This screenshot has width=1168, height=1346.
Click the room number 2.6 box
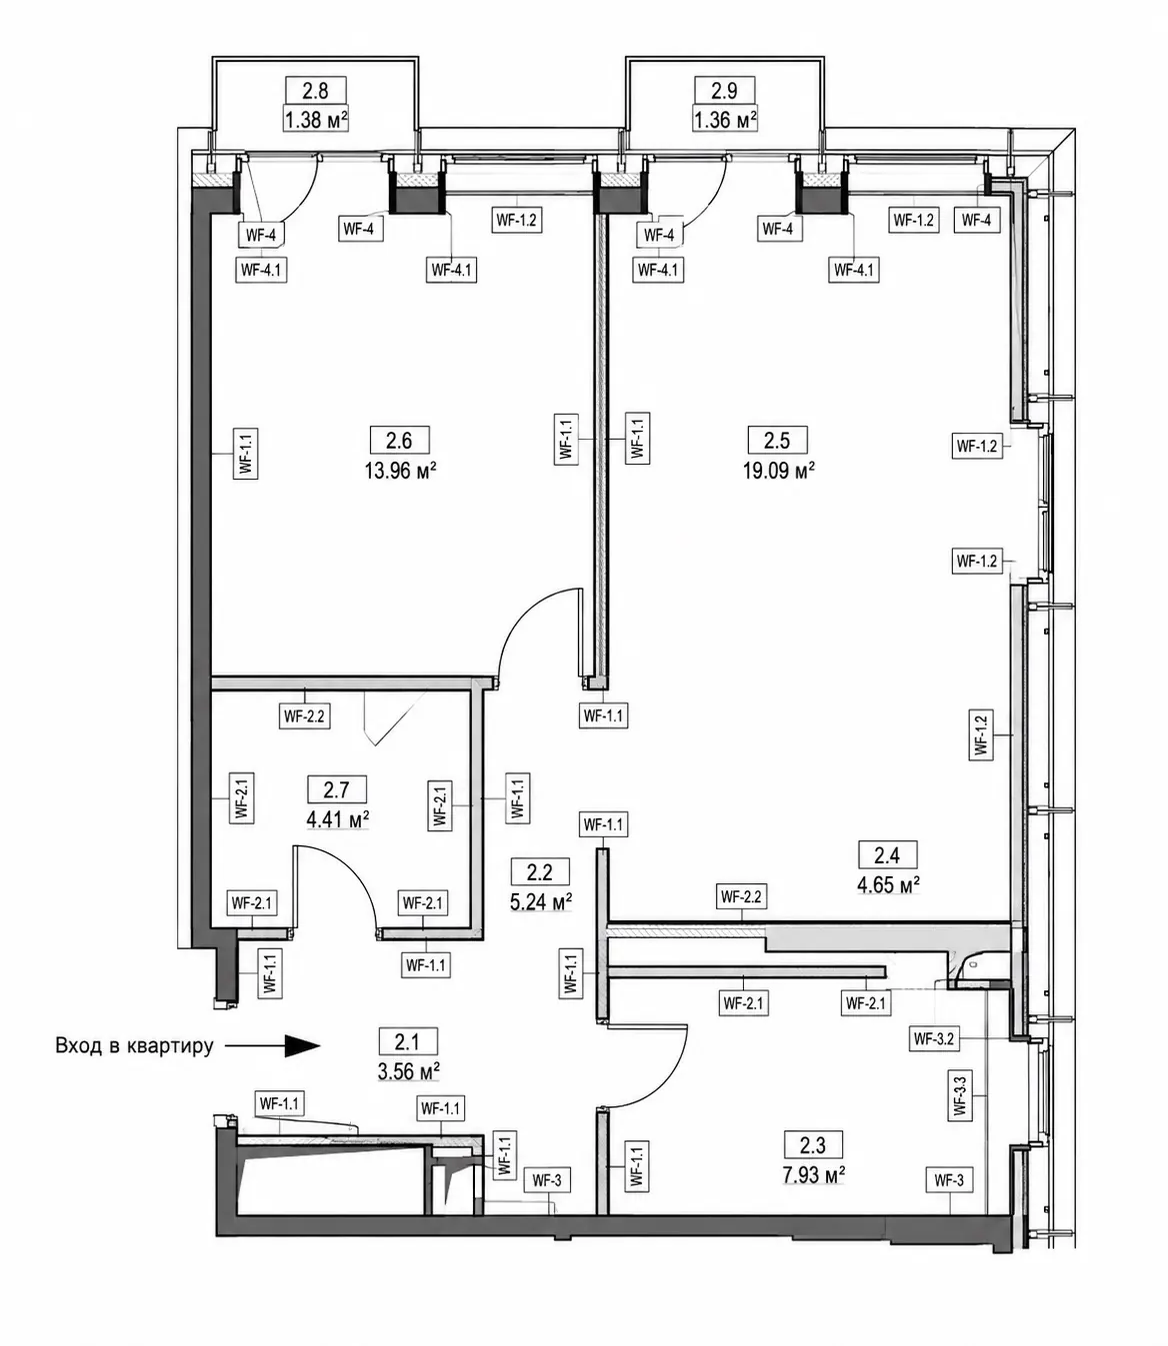click(x=399, y=441)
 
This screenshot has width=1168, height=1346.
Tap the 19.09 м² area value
click(x=778, y=471)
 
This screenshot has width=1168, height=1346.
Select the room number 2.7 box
click(x=336, y=789)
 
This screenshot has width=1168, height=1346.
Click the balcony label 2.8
click(x=315, y=90)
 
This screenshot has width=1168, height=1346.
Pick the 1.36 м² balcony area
click(x=725, y=120)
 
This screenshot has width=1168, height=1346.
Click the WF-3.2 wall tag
click(x=933, y=1038)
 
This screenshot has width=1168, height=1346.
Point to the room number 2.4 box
click(x=887, y=855)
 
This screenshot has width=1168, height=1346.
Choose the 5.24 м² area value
click(x=541, y=901)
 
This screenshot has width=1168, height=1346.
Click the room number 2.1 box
click(x=407, y=1042)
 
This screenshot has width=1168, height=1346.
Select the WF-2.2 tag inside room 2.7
click(x=304, y=716)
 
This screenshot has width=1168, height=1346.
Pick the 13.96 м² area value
click(x=400, y=471)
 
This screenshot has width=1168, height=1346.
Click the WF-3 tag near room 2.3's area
click(x=948, y=1180)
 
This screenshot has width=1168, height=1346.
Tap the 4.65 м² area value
click(x=888, y=884)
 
